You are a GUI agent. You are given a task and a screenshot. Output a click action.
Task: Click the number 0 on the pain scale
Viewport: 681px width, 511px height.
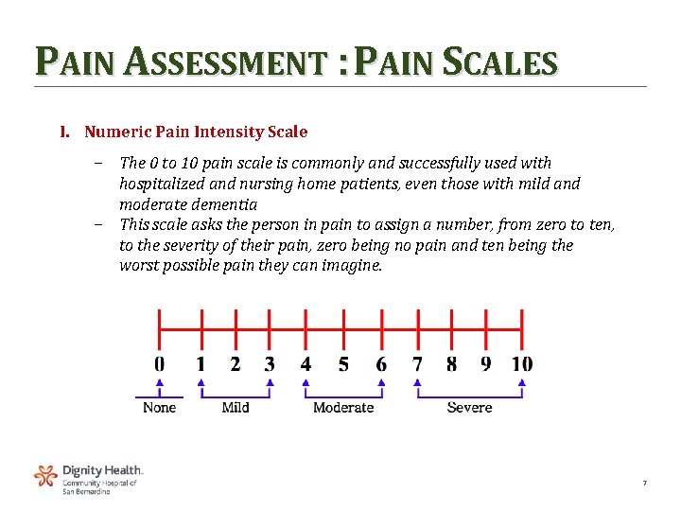click(x=159, y=364)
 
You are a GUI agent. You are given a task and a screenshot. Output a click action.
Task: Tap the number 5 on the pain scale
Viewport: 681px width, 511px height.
click(x=343, y=364)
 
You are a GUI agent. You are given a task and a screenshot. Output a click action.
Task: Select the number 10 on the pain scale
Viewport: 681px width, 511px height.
click(x=522, y=364)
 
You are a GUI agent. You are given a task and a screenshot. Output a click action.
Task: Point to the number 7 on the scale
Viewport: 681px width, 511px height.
click(x=417, y=364)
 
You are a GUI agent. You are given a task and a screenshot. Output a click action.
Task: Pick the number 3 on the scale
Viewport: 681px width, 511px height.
click(x=270, y=364)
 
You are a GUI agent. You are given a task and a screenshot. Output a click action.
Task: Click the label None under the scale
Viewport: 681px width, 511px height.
click(x=159, y=407)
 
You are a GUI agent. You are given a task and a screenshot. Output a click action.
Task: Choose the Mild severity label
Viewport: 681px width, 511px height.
click(x=236, y=407)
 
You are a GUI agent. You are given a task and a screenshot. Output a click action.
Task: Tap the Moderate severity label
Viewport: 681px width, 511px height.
click(x=343, y=407)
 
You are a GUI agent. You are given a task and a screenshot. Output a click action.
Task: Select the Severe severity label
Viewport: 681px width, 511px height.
click(x=469, y=407)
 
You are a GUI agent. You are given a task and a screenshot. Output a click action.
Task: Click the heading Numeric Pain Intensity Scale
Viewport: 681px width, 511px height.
click(x=196, y=132)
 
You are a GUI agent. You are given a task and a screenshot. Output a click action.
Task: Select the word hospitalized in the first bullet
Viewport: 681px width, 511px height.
click(x=165, y=184)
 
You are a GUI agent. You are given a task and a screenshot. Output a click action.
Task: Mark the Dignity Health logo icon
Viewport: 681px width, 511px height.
click(x=45, y=475)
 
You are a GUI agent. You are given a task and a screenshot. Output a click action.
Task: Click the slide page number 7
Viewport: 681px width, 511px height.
click(x=644, y=484)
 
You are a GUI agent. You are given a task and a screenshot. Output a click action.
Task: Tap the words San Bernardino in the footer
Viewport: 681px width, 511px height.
click(x=86, y=491)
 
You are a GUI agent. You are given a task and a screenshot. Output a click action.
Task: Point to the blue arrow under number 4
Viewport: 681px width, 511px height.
click(x=306, y=383)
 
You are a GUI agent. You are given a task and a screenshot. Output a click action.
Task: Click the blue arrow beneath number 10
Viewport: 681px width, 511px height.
click(x=522, y=383)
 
